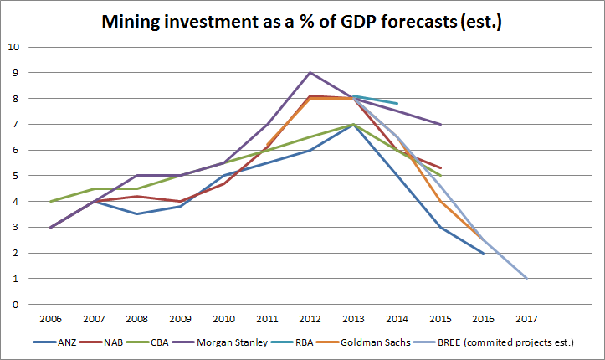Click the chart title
[x=302, y=22]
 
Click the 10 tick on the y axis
[x=13, y=47]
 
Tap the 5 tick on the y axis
[x=16, y=176]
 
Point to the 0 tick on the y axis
[x=16, y=305]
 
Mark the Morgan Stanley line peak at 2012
[x=310, y=72]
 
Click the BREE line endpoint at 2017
[x=526, y=279]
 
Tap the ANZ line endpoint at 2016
[x=484, y=253]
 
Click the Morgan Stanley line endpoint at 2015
[x=440, y=124]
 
